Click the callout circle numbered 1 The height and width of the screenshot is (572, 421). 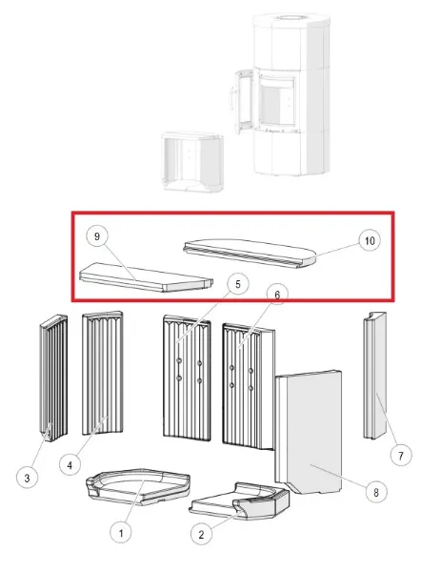[121, 533]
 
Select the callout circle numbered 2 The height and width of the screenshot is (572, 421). [202, 534]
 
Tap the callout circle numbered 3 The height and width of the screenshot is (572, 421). [27, 478]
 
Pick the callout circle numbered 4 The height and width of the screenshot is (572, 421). [70, 465]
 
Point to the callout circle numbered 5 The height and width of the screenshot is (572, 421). [238, 284]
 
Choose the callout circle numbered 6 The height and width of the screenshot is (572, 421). [277, 295]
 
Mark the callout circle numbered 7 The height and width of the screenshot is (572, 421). [401, 456]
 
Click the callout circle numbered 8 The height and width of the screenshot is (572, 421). [376, 492]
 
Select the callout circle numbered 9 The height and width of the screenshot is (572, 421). [96, 236]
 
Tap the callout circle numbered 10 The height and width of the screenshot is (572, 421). [370, 241]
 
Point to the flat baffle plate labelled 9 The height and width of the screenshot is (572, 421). [146, 277]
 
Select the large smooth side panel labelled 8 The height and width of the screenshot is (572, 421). [310, 432]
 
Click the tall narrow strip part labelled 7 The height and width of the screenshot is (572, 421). [374, 375]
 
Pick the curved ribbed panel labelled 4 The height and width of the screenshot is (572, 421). [103, 372]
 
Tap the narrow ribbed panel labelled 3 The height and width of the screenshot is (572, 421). [53, 378]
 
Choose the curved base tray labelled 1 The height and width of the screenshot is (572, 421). [138, 486]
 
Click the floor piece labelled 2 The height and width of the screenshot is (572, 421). [240, 500]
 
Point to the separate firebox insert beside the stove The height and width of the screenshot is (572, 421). [192, 160]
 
